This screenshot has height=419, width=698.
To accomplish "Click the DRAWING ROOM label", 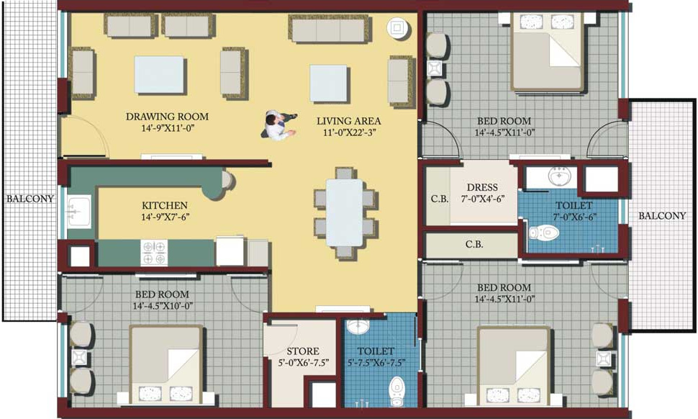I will (167, 117).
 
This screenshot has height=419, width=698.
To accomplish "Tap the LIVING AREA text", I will (348, 121).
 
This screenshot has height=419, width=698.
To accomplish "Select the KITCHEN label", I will (164, 205).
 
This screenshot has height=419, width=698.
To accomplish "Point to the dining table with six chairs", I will (344, 212).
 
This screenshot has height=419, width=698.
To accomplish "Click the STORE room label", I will (302, 351).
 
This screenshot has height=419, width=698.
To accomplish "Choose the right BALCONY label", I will (661, 216).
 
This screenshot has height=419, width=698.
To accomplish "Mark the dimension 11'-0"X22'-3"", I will (349, 134).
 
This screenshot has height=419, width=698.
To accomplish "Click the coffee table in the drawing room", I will (159, 75).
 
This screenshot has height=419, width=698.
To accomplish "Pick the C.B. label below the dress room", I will (473, 244).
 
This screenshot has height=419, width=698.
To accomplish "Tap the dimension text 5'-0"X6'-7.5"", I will (302, 363).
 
